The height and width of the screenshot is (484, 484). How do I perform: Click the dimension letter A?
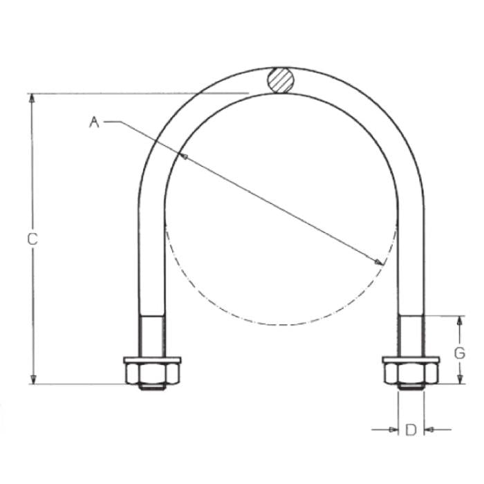pyautogui.click(x=94, y=122)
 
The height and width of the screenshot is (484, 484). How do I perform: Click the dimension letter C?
pyautogui.click(x=32, y=239)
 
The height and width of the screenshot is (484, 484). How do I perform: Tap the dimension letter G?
pyautogui.click(x=459, y=353)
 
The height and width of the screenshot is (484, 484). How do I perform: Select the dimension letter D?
pyautogui.click(x=411, y=429)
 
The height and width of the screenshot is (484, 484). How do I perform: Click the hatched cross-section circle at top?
pyautogui.click(x=280, y=80)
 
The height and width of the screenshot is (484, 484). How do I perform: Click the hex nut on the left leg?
pyautogui.click(x=152, y=374)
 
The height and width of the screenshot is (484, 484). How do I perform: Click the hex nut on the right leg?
pyautogui.click(x=411, y=374)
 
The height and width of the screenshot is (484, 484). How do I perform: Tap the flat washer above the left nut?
pyautogui.click(x=152, y=360)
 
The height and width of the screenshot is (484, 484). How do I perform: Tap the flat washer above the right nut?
pyautogui.click(x=411, y=360)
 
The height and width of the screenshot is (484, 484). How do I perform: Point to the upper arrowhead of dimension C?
pyautogui.click(x=32, y=98)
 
